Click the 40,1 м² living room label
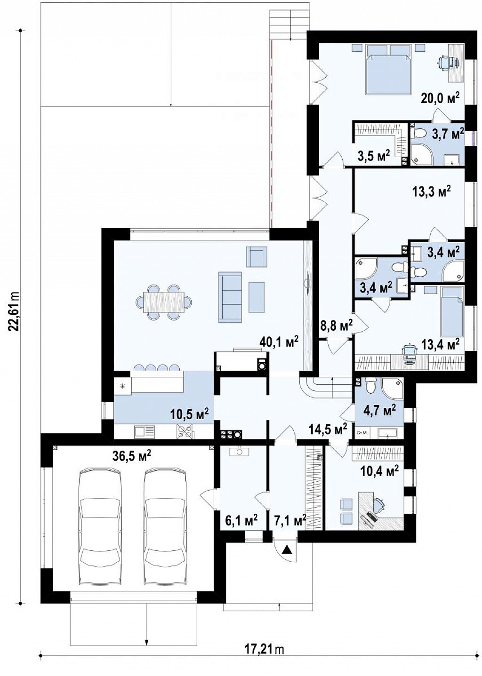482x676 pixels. click(279, 342)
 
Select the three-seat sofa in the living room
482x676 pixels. click(230, 297)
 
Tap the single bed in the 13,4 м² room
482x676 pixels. click(452, 312)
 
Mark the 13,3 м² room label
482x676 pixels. click(432, 191)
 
